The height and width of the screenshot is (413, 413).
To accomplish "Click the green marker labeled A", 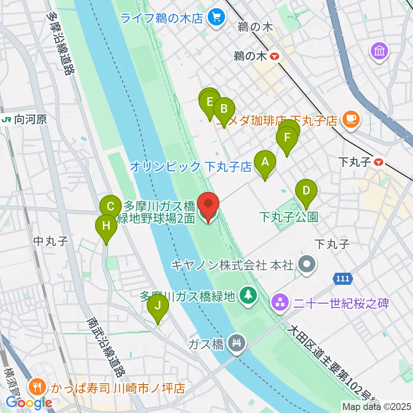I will tap(265, 163).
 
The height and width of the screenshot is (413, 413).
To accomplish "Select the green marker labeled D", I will tap(306, 191).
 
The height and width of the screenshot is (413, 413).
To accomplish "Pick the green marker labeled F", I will tap(287, 139).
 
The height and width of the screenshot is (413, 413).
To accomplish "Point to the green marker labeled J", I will tap(157, 306).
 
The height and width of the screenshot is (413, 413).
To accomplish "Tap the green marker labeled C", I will tap(111, 206).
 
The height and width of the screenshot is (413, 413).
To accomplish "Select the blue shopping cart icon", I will tap(214, 18).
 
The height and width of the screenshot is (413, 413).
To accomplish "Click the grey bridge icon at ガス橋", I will tap(237, 343).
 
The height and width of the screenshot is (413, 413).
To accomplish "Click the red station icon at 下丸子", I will tap(379, 162).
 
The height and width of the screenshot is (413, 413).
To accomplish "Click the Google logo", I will tap(29, 403).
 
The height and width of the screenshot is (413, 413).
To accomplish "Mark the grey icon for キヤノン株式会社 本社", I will tap(307, 265).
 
